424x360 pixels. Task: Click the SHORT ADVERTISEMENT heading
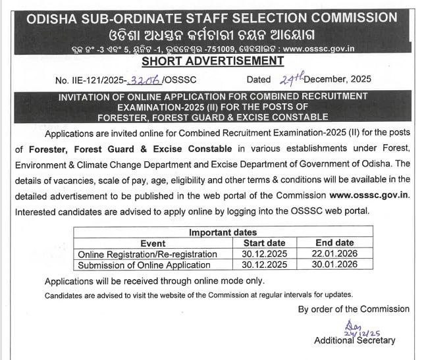coord(212,61)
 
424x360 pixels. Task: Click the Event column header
coord(153,244)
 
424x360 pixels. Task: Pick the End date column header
coord(334,244)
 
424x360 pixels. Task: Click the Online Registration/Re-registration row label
coord(147,254)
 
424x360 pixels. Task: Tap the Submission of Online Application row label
coord(144,265)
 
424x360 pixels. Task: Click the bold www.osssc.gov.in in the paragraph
coord(369,195)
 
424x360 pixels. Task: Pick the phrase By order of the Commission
coord(354,309)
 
